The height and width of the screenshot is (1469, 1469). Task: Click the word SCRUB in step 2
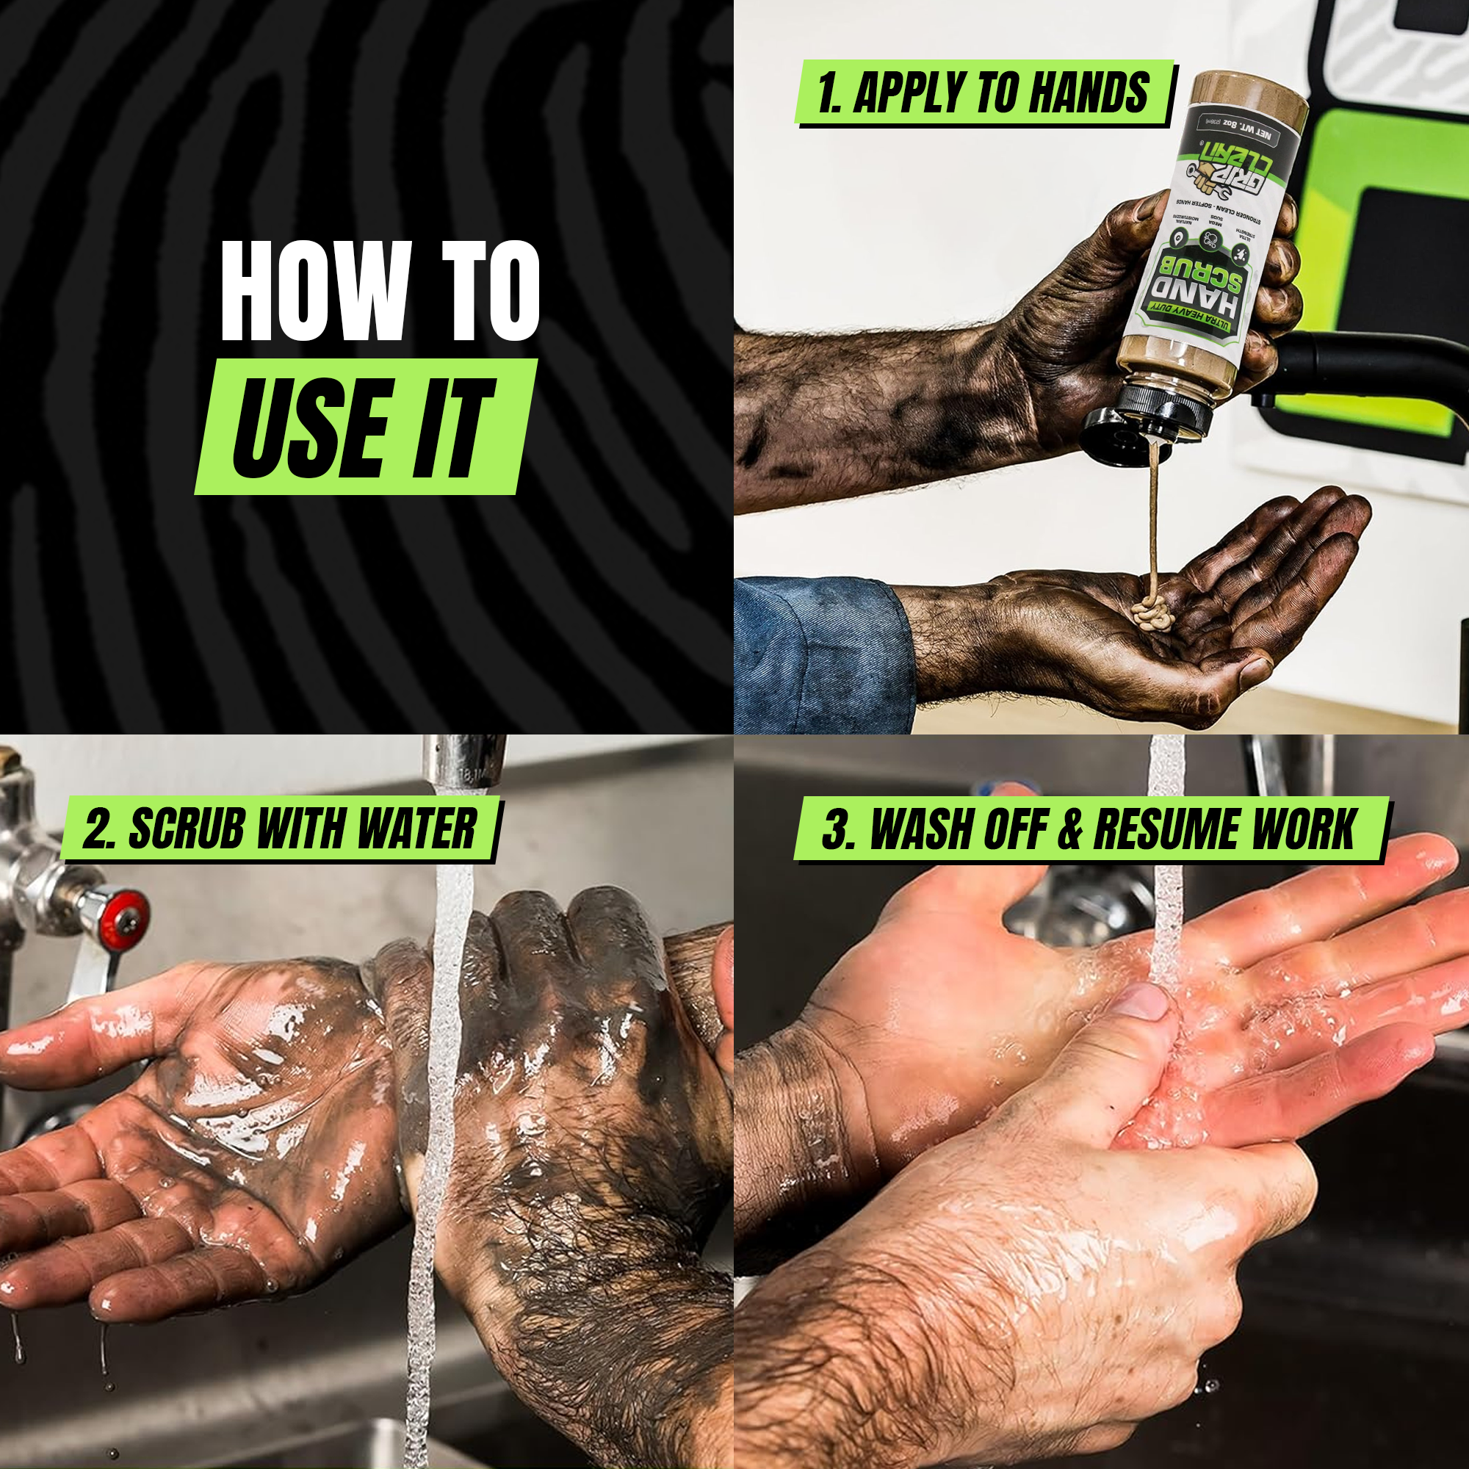(x=187, y=829)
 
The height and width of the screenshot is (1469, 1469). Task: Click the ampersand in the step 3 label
(x=1069, y=829)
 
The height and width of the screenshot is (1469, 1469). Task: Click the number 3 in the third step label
(x=835, y=829)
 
